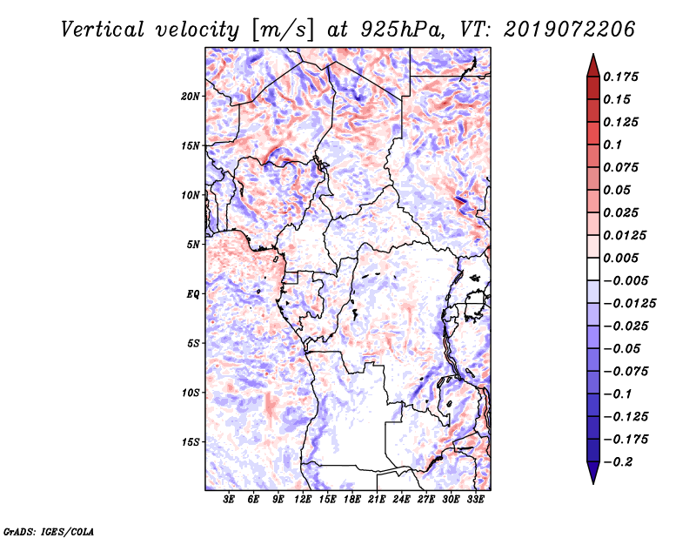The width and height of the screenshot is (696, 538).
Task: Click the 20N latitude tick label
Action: click(x=191, y=97)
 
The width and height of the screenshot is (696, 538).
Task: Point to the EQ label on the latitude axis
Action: click(x=193, y=294)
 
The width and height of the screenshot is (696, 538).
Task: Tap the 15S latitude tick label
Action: click(x=191, y=442)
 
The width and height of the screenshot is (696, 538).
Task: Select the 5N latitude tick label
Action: click(x=193, y=245)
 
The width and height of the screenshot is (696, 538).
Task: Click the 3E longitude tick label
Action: click(x=229, y=499)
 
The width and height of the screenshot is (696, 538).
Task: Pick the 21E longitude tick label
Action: click(x=377, y=499)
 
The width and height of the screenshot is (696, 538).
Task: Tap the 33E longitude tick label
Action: click(x=476, y=499)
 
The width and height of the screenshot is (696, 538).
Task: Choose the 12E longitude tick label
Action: click(x=303, y=499)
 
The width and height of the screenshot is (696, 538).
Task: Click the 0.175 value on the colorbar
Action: click(x=620, y=77)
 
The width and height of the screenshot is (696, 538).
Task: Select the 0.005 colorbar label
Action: click(x=620, y=258)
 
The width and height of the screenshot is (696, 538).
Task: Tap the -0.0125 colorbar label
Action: click(x=629, y=304)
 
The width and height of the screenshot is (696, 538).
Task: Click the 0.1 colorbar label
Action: click(x=612, y=145)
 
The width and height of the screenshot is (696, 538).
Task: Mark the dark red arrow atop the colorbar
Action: click(x=593, y=66)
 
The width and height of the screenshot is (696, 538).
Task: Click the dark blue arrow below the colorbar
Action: click(x=593, y=473)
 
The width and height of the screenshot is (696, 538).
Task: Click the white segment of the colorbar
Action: click(x=593, y=269)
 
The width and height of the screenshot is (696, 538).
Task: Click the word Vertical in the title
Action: click(x=103, y=30)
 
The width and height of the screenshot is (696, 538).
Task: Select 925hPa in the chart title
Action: click(x=402, y=30)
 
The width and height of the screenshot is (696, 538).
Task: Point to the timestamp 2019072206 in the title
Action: click(x=570, y=30)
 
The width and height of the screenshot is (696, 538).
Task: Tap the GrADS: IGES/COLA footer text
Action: click(x=49, y=531)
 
